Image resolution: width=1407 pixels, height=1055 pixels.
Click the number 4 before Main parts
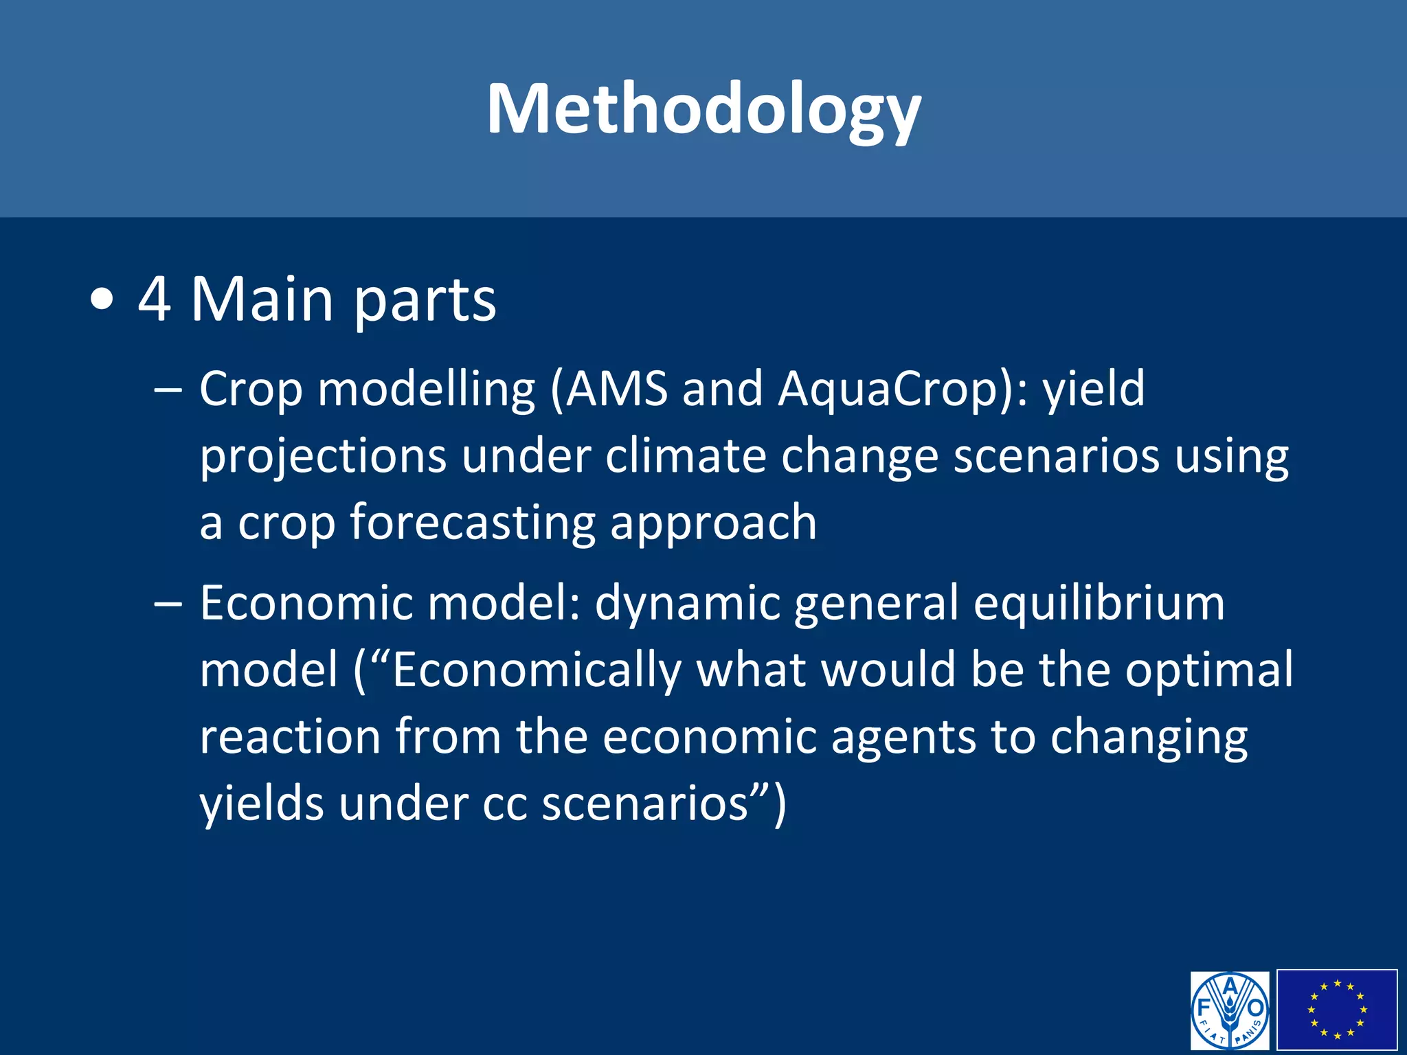click(154, 299)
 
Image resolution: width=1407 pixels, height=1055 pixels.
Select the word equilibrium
click(1099, 603)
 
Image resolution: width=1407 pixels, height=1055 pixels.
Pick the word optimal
click(1209, 670)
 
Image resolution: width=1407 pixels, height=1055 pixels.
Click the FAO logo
click(1230, 1010)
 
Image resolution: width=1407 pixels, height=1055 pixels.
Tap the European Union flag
click(1337, 1010)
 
